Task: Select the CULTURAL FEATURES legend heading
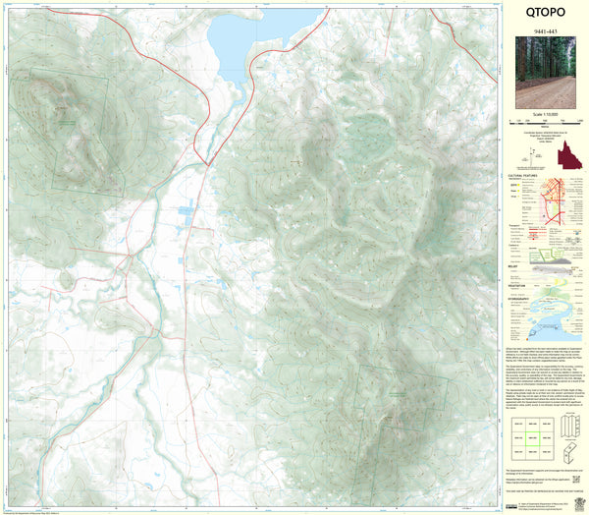tap(523, 176)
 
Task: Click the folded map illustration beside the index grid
tap(568, 432)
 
